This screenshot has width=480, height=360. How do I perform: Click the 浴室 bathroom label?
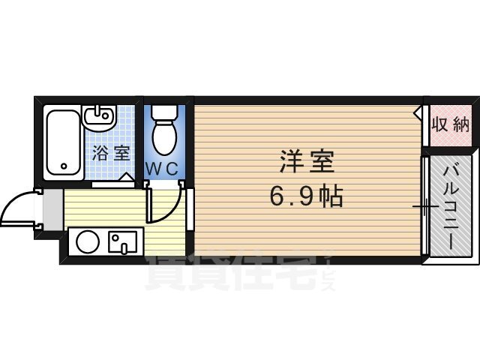[x=111, y=154]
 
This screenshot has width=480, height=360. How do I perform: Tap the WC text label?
[x=166, y=169]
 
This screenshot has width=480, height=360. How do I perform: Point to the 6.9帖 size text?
[x=307, y=196]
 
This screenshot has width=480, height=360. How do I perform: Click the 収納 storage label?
[x=450, y=124]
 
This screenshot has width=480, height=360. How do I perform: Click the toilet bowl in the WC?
[x=162, y=138]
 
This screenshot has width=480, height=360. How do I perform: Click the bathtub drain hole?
[x=63, y=166]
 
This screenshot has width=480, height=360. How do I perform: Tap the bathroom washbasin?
[x=97, y=118]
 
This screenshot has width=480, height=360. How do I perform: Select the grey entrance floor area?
[x=51, y=209]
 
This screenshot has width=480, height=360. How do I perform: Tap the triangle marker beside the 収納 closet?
[x=417, y=113]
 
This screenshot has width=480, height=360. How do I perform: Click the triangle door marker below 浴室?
[x=128, y=178]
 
